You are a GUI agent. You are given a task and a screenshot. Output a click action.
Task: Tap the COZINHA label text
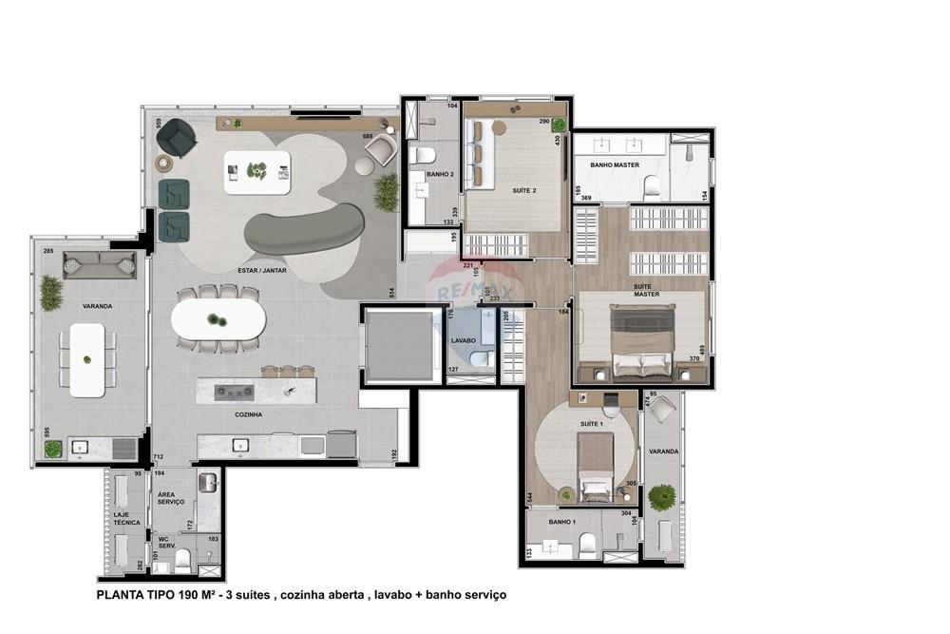249,415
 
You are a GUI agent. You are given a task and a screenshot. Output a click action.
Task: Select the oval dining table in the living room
218,319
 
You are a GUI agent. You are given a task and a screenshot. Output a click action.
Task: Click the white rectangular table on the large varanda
87,359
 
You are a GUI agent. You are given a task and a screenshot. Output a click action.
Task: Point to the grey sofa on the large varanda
99,265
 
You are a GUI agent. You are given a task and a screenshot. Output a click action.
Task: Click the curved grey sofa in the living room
304,230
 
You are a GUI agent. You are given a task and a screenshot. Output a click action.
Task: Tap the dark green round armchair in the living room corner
176,139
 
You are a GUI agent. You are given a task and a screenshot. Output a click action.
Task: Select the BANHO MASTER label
614,165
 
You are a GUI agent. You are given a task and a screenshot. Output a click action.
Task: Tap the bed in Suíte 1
596,466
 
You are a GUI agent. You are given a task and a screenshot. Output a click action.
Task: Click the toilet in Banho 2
424,155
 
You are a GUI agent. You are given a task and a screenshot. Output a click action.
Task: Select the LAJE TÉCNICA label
126,519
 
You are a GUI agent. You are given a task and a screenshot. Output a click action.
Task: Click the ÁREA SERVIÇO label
172,499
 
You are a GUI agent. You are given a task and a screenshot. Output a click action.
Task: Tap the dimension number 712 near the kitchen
158,458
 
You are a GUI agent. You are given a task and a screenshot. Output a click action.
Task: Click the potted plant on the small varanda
661,497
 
